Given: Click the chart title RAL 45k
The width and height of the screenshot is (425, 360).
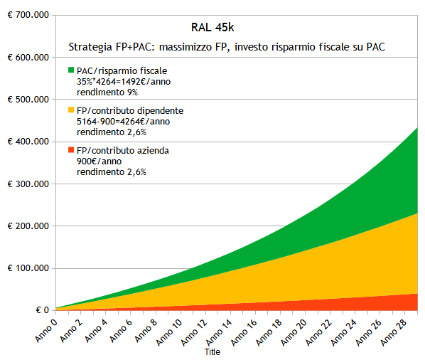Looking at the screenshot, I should point(212,28).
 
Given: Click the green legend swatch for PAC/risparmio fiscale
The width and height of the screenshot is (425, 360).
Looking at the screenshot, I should point(71,70).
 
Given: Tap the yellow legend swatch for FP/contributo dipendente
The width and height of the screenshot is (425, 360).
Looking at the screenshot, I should point(71,110).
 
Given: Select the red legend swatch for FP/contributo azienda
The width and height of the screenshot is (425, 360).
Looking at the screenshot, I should point(71,150).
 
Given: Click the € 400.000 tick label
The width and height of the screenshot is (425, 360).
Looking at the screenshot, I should point(26,142).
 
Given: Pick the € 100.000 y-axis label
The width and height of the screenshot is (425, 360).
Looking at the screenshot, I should point(26,268).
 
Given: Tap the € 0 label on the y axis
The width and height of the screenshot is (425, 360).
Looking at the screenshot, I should point(36,310).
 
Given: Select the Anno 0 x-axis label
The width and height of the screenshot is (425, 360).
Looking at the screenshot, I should point(44,329).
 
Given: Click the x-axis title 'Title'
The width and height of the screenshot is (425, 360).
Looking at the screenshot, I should point(212,352).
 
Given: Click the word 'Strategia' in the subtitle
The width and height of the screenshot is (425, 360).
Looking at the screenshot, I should point(89,47).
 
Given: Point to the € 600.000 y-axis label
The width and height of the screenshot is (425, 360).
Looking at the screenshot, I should point(26,57).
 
